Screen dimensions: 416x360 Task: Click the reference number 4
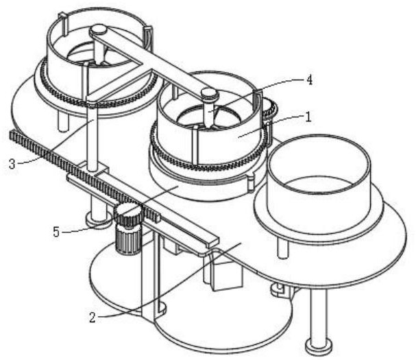click(309, 80)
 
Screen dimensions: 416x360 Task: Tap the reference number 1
click(308, 117)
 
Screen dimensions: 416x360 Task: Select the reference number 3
click(12, 164)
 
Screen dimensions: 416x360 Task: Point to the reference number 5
click(56, 232)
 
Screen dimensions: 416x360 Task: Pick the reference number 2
click(93, 317)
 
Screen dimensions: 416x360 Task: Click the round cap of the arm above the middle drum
click(210, 94)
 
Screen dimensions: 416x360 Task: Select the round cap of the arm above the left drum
click(98, 29)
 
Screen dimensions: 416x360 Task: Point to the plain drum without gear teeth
click(319, 183)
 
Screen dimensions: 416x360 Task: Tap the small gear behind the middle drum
click(270, 108)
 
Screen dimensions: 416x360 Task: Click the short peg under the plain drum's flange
click(283, 248)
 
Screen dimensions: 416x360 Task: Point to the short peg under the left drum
click(63, 121)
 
